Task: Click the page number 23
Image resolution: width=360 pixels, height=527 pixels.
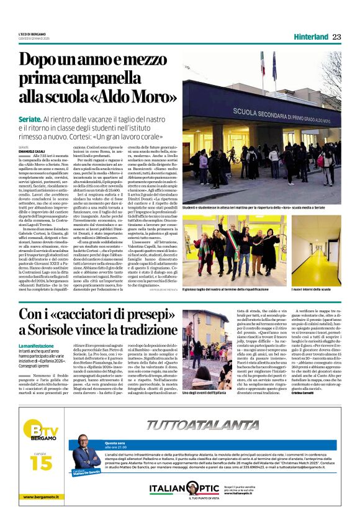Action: [x=336, y=37]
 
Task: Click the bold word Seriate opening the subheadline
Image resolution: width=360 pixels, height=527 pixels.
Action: [x=30, y=118]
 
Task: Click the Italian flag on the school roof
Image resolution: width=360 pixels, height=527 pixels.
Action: [x=263, y=63]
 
